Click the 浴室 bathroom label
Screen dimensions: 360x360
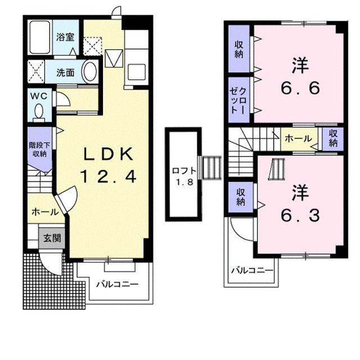click(65, 37)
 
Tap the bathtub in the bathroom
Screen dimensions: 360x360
click(40, 37)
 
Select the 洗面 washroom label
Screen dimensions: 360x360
click(65, 73)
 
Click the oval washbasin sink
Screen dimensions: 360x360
click(89, 71)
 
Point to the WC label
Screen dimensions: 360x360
click(39, 96)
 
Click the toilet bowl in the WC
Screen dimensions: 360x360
click(39, 112)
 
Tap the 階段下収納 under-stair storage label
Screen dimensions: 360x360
click(39, 149)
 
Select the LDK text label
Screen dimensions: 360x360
click(108, 154)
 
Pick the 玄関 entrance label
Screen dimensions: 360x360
click(52, 238)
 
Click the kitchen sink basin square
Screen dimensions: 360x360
click(137, 71)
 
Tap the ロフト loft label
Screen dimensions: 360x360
click(184, 171)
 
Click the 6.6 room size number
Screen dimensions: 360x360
click(300, 88)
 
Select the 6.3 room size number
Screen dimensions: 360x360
click(300, 215)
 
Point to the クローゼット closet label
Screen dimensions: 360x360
click(238, 100)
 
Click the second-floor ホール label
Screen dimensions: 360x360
click(299, 139)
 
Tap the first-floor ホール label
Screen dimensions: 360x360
click(45, 212)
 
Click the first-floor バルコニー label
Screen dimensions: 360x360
click(118, 285)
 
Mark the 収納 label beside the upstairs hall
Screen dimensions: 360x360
click(332, 138)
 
